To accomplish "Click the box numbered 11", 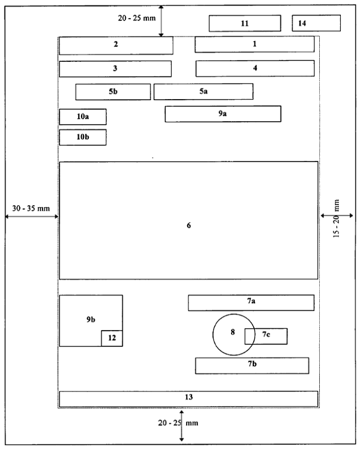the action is click(245, 23).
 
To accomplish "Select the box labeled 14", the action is click(316, 23).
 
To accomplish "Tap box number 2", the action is click(116, 46).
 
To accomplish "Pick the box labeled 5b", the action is click(113, 92).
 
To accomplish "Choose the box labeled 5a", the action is click(203, 92).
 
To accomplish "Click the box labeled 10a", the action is click(83, 116).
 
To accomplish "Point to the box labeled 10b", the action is click(83, 137).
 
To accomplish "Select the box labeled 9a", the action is click(223, 114).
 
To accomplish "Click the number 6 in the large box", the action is click(188, 225).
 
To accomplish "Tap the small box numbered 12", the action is click(112, 338).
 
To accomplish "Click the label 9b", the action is click(91, 319).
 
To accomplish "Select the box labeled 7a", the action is click(251, 303).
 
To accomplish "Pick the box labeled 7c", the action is click(266, 336).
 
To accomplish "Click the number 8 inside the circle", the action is click(233, 332).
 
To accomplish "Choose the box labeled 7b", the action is click(252, 366).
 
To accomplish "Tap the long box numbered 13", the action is click(188, 399).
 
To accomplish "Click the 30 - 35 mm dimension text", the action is click(31, 208).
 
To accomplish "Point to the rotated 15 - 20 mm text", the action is click(337, 218).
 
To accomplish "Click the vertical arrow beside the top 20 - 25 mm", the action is click(161, 21).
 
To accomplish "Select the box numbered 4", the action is click(255, 68).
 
